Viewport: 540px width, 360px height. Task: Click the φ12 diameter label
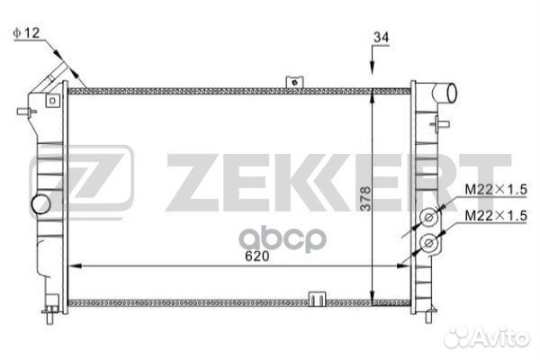click(26, 33)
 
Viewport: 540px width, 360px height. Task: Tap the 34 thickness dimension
click(382, 37)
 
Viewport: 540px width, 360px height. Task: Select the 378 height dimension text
click(365, 199)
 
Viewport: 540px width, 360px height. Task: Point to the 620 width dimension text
click(256, 256)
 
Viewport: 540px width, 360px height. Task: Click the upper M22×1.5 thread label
click(496, 189)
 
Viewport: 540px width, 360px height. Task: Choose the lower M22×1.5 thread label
click(496, 216)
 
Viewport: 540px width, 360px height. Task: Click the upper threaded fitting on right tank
click(429, 217)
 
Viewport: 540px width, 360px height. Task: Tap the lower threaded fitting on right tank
click(429, 244)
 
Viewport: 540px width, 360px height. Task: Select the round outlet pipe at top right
click(446, 93)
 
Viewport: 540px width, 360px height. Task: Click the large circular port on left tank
click(41, 204)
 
